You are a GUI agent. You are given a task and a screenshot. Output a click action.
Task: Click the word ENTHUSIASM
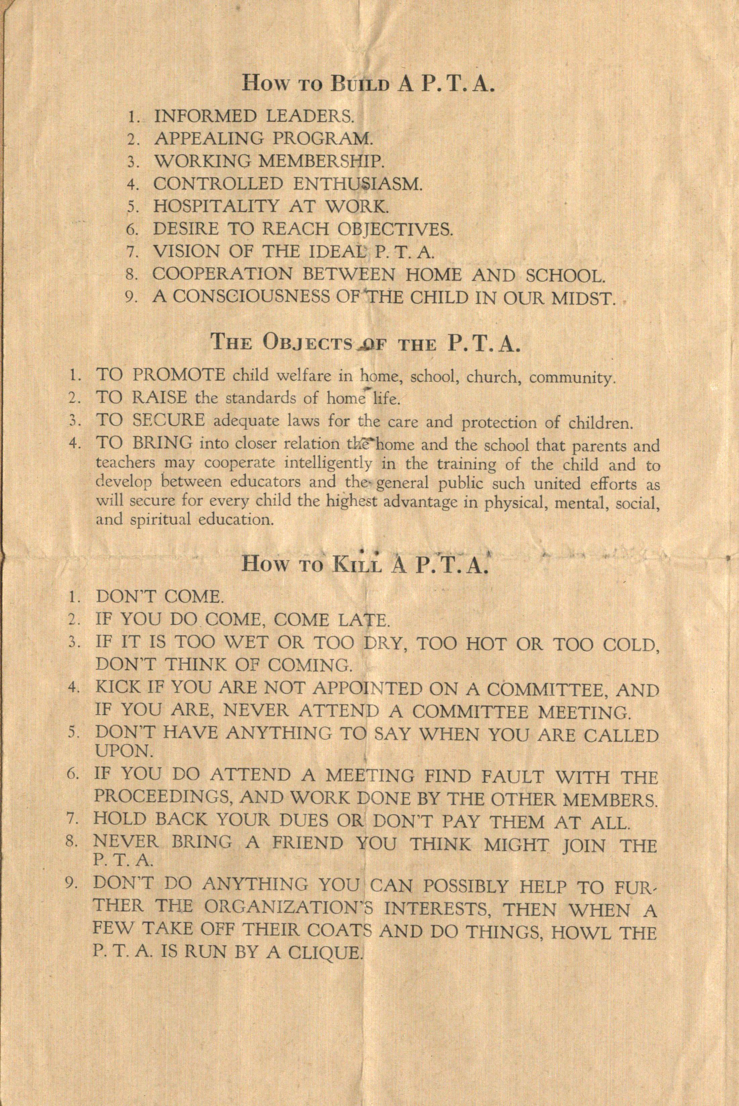[357, 184]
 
